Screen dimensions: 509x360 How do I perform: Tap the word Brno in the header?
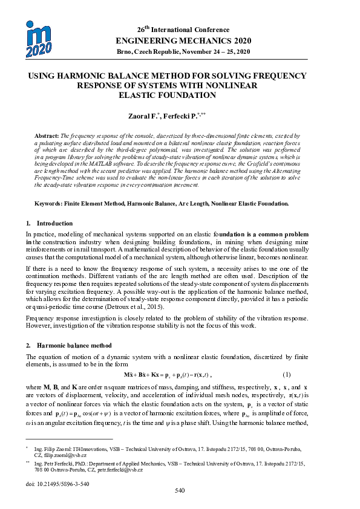125,52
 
